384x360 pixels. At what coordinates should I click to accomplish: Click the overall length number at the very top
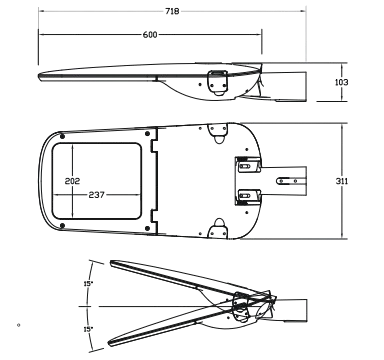pos(171,13)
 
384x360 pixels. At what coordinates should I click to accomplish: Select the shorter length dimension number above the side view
pos(151,35)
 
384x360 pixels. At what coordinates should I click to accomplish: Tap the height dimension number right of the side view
pos(341,83)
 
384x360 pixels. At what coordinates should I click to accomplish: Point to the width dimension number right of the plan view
pos(341,181)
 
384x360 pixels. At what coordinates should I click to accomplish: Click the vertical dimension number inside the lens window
pos(72,180)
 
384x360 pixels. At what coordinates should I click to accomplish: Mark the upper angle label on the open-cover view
pos(88,284)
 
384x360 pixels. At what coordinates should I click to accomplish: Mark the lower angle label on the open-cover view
pos(88,326)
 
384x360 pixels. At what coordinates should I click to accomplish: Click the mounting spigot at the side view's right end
pos(300,83)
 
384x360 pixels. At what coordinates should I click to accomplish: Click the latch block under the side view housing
pos(215,85)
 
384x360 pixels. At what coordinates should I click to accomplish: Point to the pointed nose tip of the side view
pos(40,75)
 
